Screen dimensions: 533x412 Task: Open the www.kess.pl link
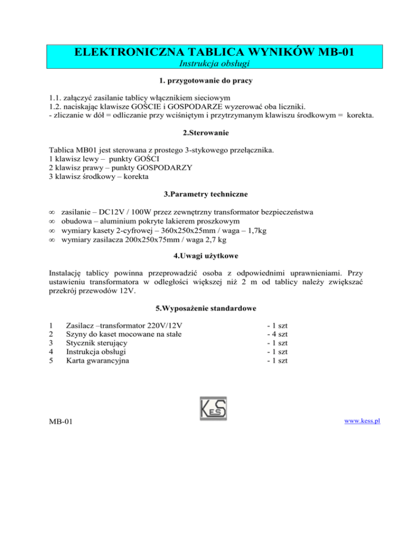pos(363,420)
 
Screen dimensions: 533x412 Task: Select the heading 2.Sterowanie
pos(206,136)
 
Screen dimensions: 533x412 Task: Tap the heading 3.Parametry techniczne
pos(206,195)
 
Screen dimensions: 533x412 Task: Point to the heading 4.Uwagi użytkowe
pos(206,251)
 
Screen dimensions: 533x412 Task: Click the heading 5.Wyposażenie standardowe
pos(206,309)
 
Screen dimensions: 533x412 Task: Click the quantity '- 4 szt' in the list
pos(277,335)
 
